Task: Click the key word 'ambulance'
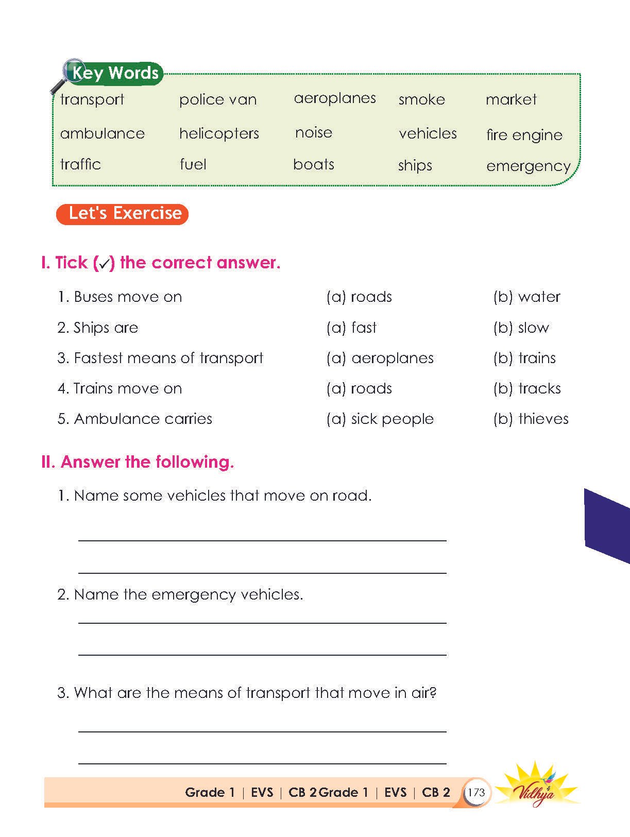[103, 133]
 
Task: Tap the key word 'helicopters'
[219, 134]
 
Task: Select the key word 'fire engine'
[524, 135]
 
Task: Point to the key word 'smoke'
[421, 99]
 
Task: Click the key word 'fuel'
[193, 164]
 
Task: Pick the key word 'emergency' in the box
[528, 166]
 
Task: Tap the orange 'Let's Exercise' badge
[123, 214]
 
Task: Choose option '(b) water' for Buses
[526, 297]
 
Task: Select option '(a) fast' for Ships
[351, 328]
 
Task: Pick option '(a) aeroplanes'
[380, 358]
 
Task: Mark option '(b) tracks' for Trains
[527, 388]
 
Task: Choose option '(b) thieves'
[531, 419]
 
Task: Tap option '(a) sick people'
[380, 419]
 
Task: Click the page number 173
[476, 792]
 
